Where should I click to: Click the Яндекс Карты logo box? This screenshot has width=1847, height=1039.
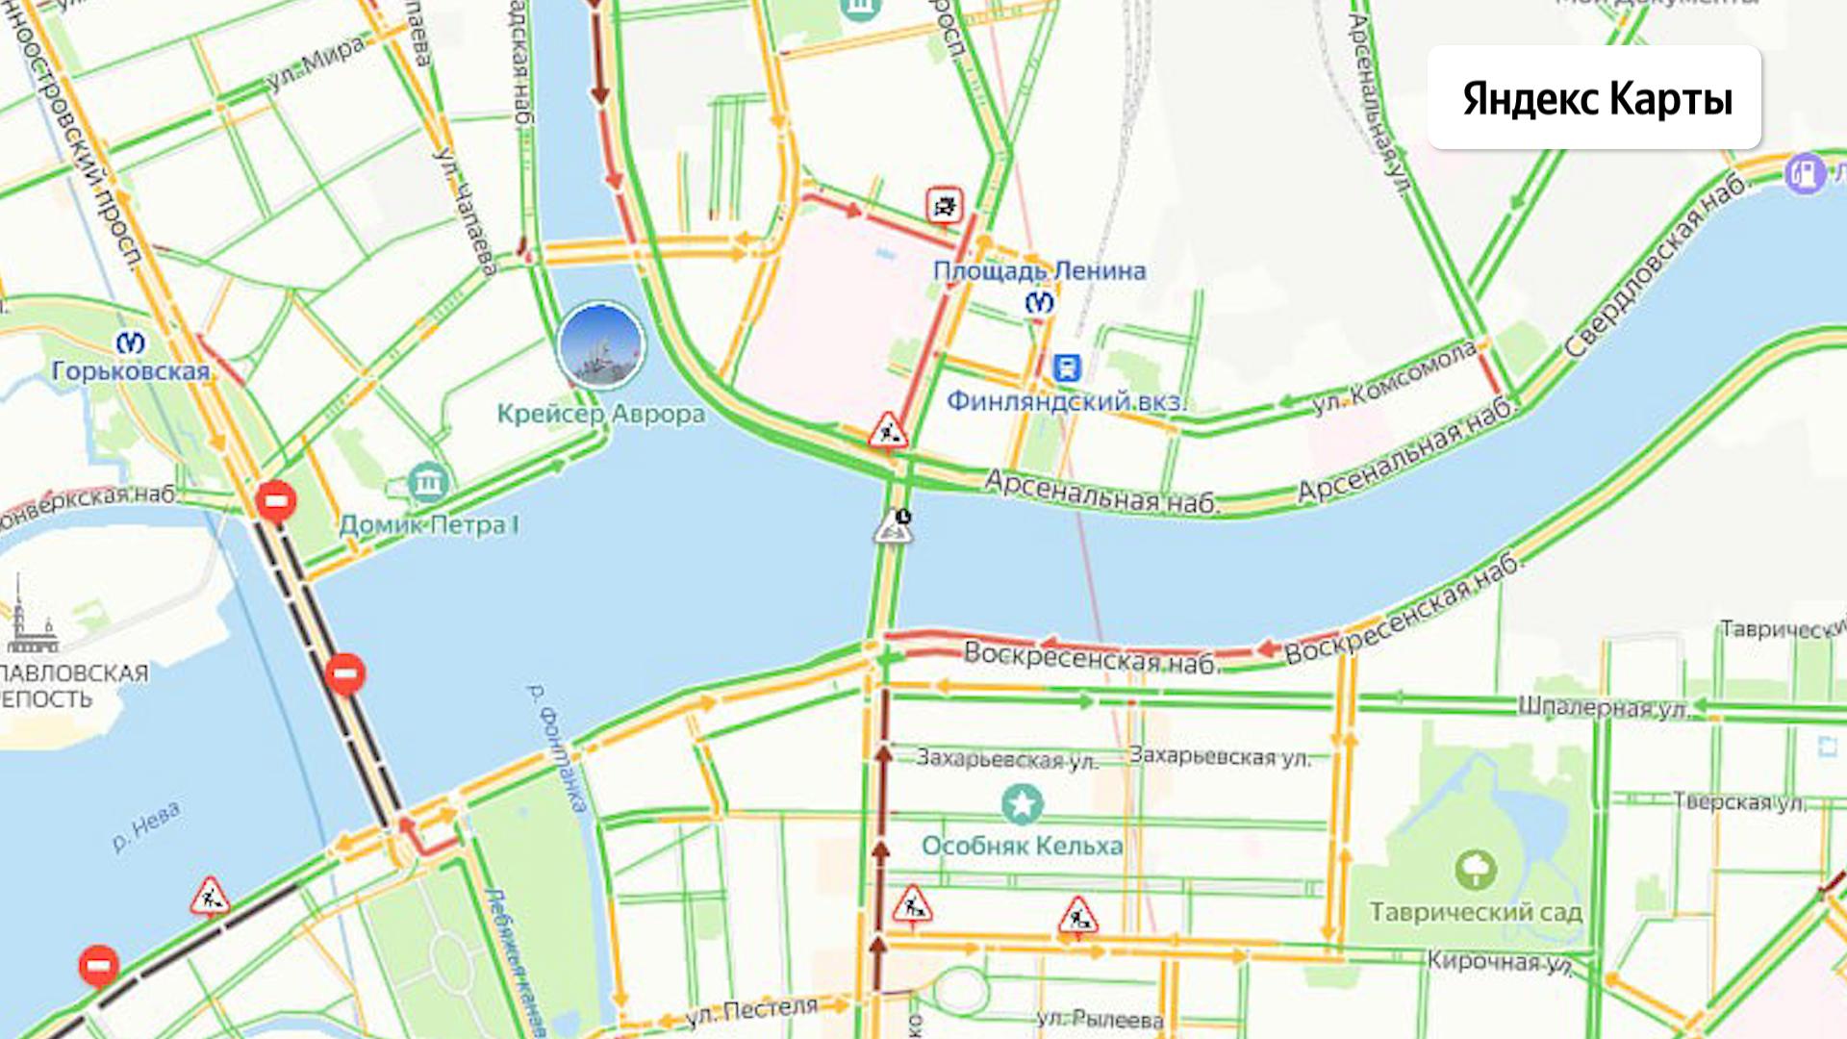[1594, 97]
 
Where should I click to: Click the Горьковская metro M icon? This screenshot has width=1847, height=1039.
[131, 342]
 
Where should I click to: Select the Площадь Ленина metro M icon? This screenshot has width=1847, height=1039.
[1039, 303]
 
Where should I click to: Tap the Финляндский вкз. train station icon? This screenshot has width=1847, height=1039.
[1066, 367]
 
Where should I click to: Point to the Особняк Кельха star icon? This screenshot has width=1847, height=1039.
[1022, 803]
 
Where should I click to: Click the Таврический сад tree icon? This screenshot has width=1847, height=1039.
[1475, 870]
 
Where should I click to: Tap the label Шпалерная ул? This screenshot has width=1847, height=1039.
[1603, 708]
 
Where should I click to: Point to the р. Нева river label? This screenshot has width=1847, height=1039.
[146, 827]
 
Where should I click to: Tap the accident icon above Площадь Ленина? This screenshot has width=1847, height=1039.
[945, 205]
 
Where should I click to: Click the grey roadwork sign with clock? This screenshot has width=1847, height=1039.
[894, 527]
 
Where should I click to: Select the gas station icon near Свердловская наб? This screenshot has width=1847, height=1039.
[1805, 174]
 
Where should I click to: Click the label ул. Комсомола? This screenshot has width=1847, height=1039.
[1394, 376]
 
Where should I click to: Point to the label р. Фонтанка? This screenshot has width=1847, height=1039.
[557, 748]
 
